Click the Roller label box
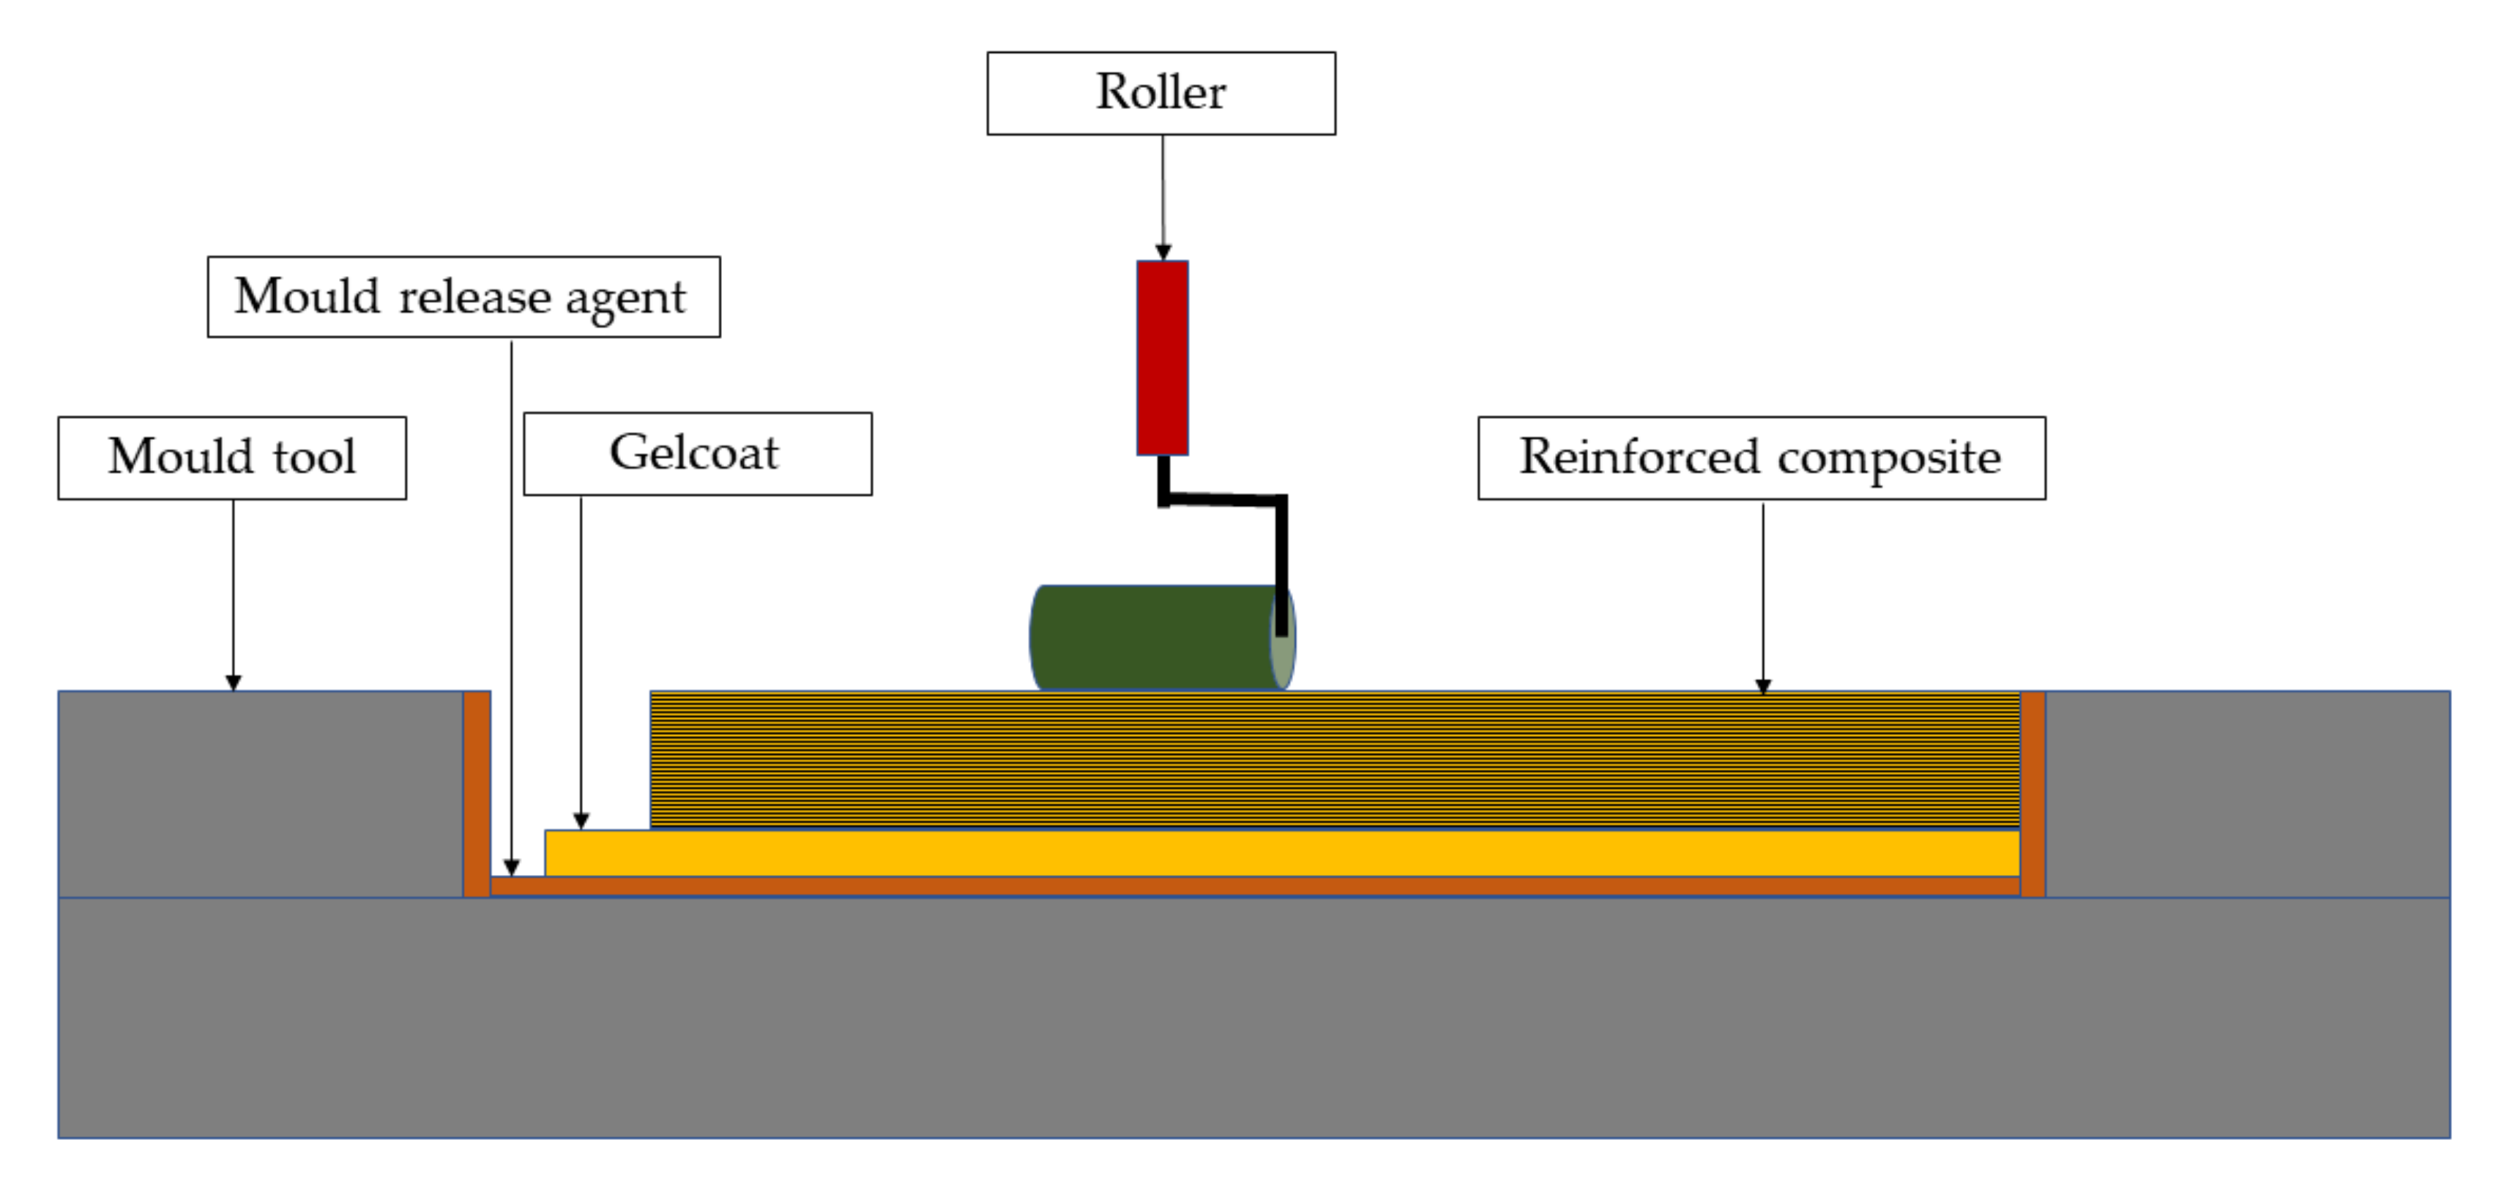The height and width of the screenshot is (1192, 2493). (1160, 93)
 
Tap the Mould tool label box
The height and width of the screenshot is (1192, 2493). (231, 458)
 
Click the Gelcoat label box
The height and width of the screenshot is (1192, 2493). (697, 454)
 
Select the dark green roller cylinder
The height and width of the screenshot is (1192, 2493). (1152, 637)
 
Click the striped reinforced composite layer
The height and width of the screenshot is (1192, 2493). (1335, 759)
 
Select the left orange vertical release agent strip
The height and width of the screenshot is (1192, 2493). (476, 794)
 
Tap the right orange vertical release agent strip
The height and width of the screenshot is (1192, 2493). (2032, 794)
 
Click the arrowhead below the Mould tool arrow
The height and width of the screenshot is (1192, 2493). (232, 682)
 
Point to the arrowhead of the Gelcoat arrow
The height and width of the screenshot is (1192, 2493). (581, 822)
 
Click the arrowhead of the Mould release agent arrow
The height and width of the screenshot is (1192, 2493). (511, 867)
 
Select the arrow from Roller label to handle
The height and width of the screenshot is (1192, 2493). (1163, 193)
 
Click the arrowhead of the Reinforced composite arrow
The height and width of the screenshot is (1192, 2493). (1762, 686)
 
